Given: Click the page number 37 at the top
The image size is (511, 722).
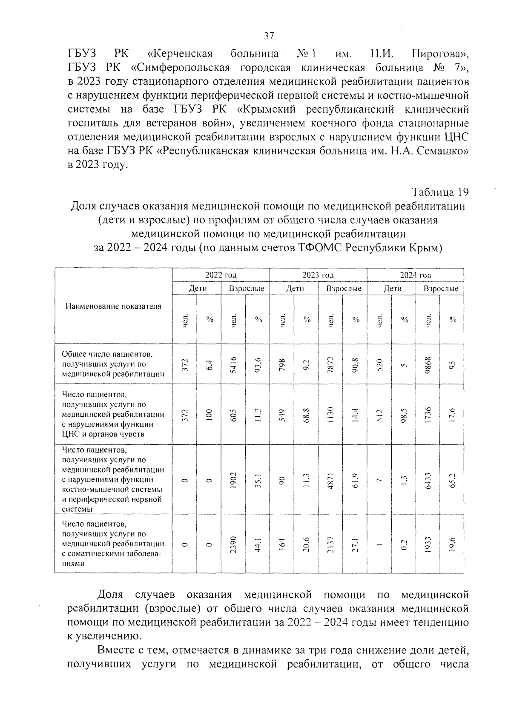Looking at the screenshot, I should coord(268,36).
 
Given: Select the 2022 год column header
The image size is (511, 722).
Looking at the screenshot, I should coord(221,275).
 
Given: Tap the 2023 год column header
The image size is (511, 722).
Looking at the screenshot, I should coord(318,275).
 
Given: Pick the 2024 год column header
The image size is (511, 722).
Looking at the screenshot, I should coord(415,275).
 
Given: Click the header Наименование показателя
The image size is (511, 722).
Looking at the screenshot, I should coord(113,306).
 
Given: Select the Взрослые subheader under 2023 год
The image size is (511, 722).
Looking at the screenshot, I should coord(343,289).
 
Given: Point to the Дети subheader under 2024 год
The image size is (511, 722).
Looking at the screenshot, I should coord(392,289).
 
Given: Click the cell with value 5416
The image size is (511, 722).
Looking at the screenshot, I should coord(233,364).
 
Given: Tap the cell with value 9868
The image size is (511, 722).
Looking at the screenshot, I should coord(428,364).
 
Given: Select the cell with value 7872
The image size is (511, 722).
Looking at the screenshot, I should coord(331,364).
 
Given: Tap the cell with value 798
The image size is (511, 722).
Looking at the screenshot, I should coord(282,364).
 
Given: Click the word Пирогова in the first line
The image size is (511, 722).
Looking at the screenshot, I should coord(440,54).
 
